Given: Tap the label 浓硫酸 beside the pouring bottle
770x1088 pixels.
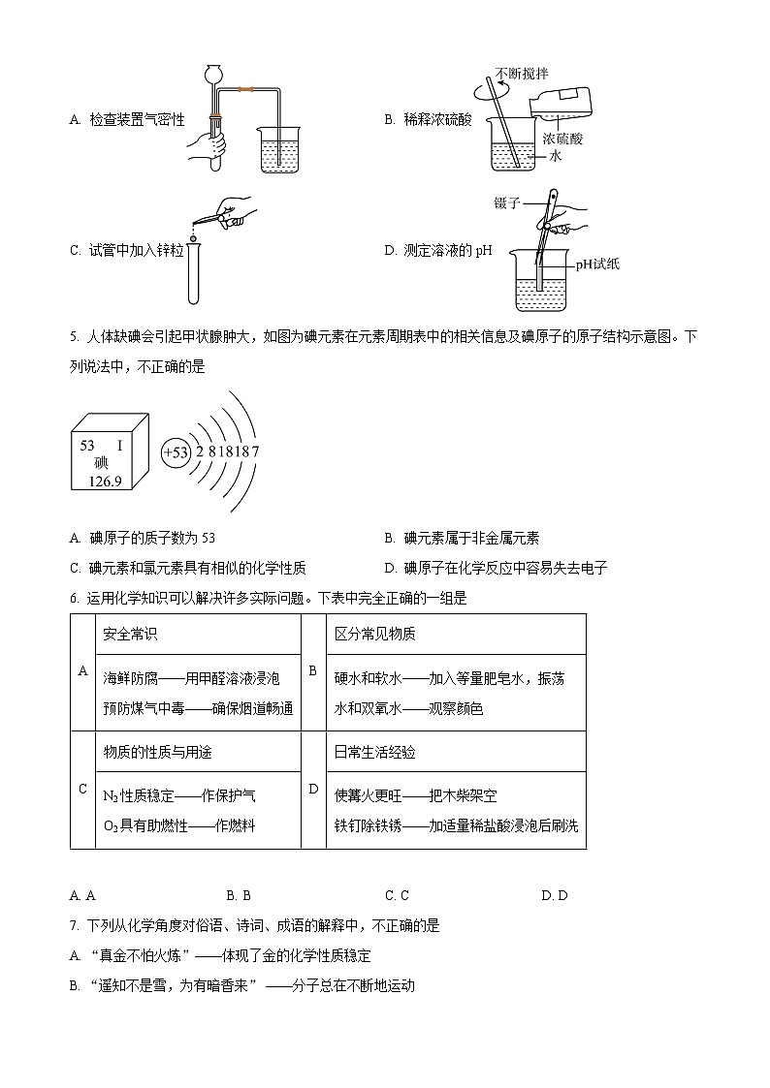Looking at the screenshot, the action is tap(562, 139).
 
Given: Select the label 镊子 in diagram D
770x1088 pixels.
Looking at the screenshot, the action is tap(507, 203).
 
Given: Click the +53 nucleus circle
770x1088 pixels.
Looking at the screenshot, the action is tap(176, 452).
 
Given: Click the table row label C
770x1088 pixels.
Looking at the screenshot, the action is tap(82, 789).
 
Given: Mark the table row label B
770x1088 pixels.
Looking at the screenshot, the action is tap(312, 670).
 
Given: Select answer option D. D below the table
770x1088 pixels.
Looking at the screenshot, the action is tap(555, 895).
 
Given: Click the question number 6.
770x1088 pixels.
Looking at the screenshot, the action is tap(75, 599).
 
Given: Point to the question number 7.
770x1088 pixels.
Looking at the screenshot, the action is tap(75, 926).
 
